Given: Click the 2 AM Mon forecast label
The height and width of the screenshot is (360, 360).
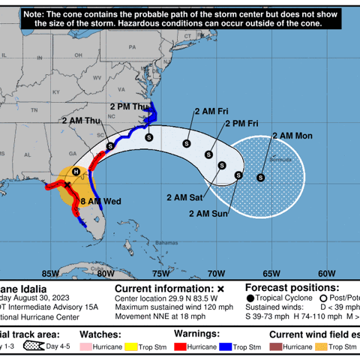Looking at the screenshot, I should point(293,136).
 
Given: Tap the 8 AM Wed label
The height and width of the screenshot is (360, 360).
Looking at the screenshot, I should point(100,202).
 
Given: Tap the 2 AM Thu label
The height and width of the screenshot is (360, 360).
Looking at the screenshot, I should point(83,120).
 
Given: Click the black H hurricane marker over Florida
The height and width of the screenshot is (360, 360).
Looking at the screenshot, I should point(76,172).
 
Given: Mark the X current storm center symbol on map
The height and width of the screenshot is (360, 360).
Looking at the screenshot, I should point(68,184).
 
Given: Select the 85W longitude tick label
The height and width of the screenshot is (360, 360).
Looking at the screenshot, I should point(50,273).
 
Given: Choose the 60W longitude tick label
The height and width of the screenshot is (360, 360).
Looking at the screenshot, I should point(327,273).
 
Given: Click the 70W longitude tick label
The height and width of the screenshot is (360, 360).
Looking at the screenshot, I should point(217,273).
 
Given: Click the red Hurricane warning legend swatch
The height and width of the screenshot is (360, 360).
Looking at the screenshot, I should point(181,347).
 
